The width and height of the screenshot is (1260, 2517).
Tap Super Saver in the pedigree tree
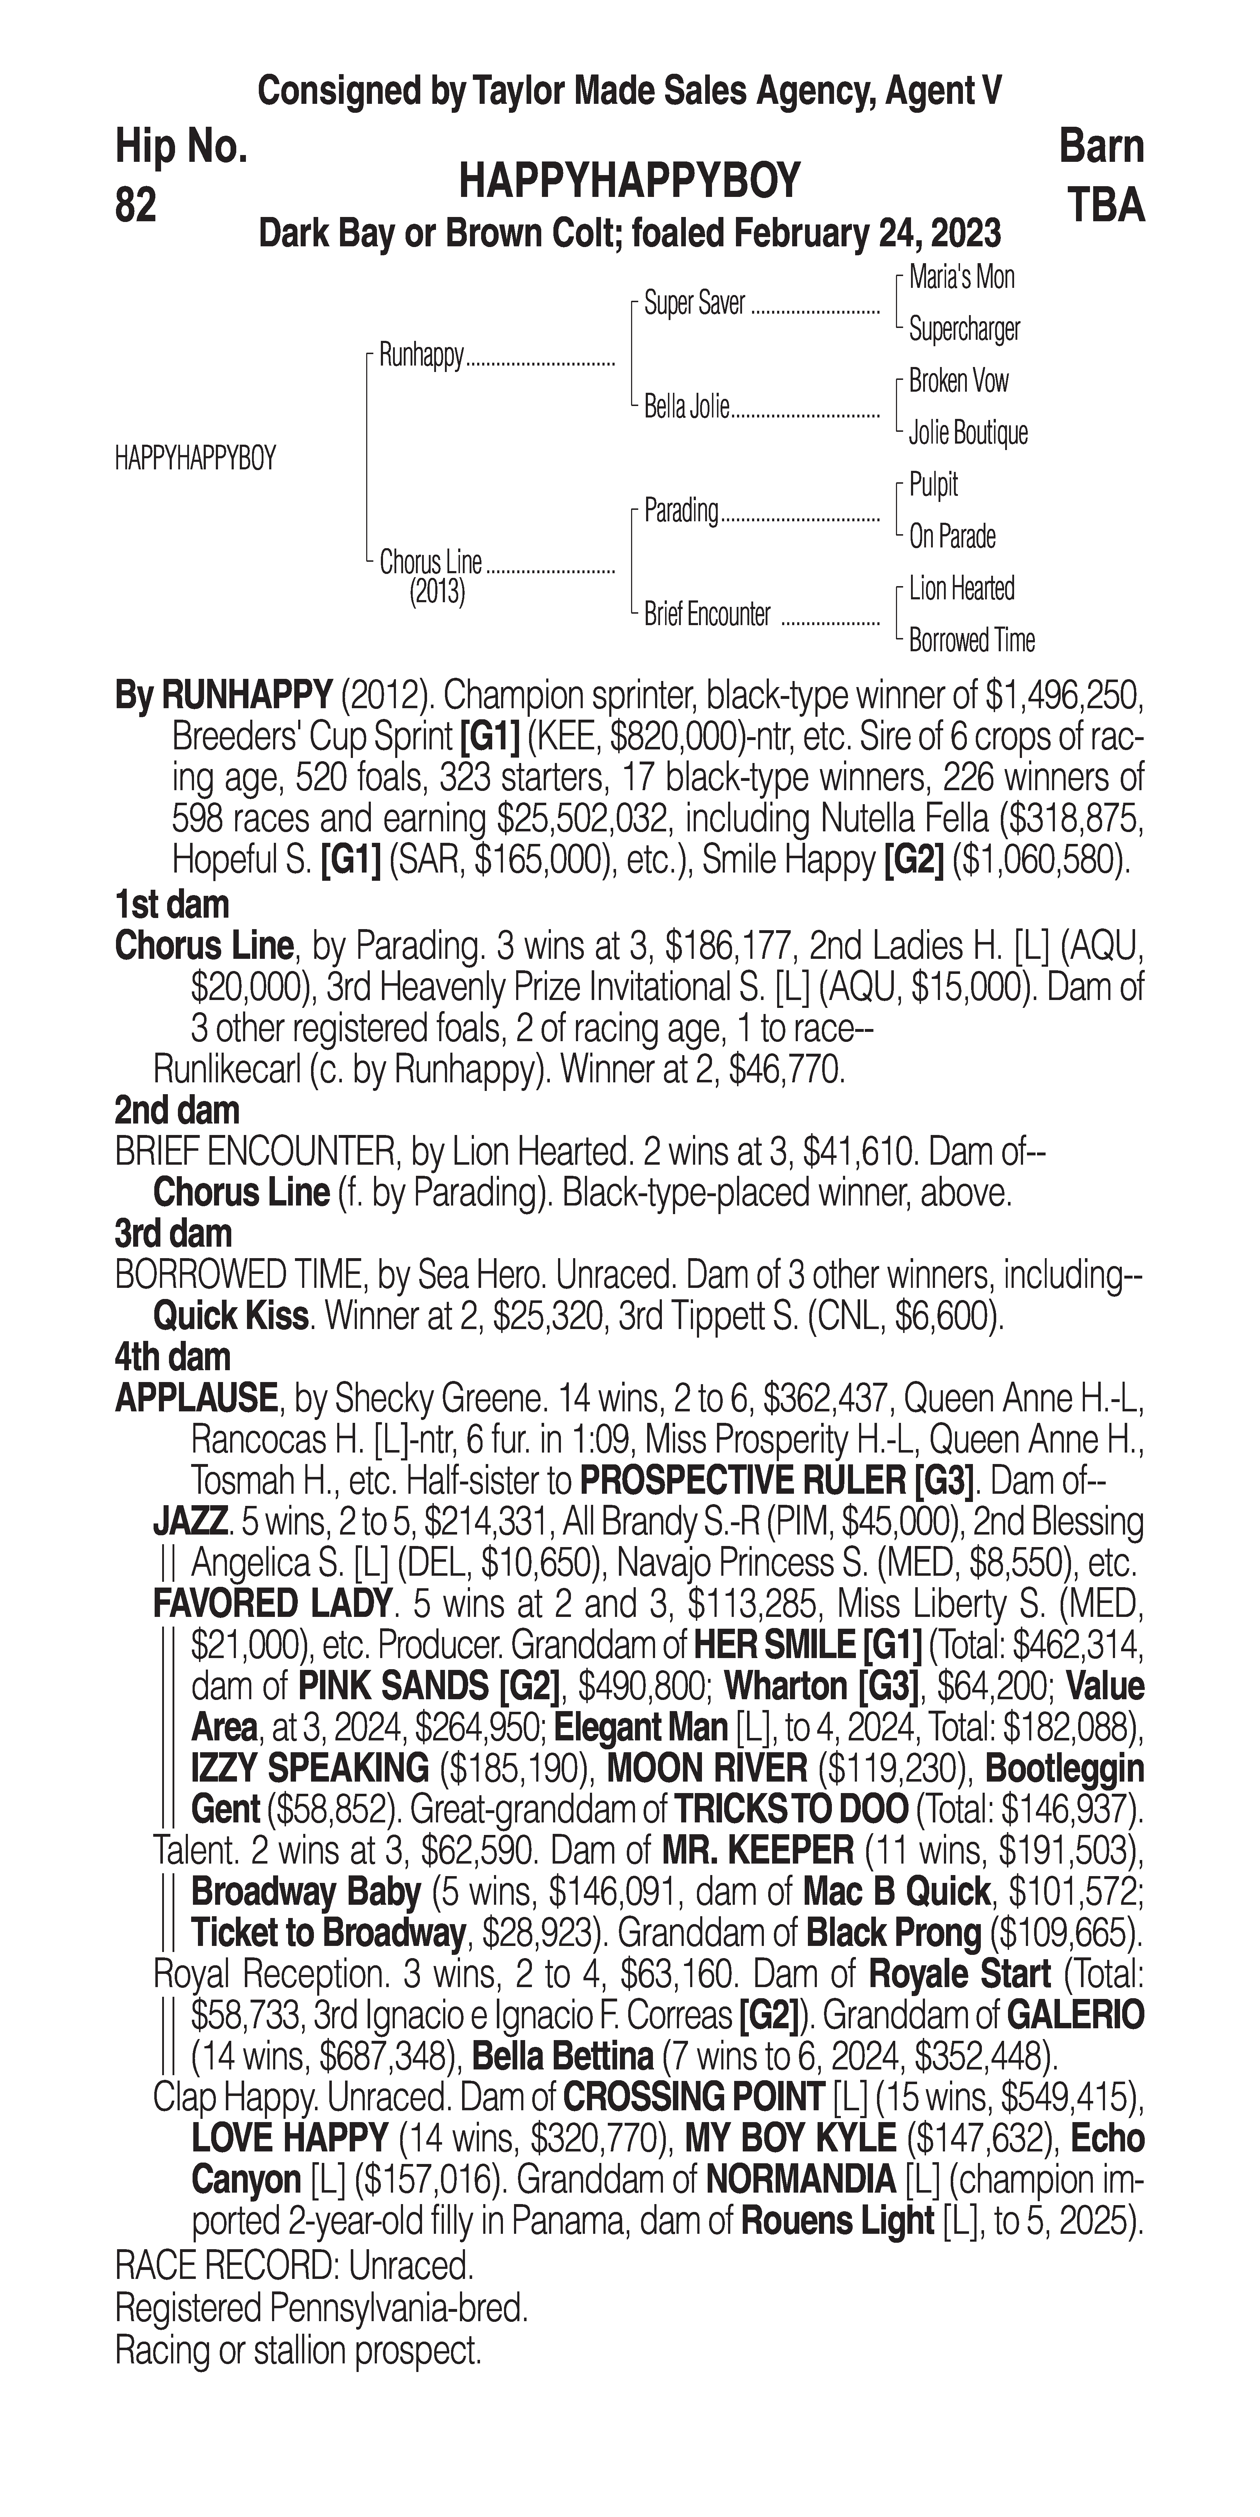point(694,304)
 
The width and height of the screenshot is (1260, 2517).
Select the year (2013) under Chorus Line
point(437,592)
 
